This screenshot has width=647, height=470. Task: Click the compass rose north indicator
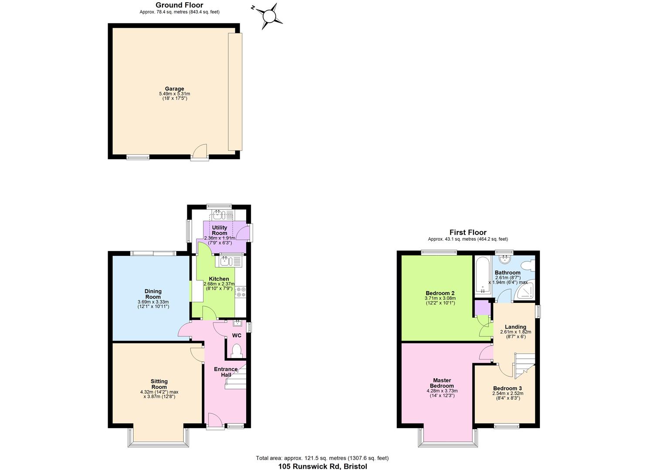(x=269, y=16)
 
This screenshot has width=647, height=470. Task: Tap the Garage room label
(x=174, y=89)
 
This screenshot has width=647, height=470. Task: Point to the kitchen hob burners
(x=241, y=292)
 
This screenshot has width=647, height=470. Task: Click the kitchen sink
(x=225, y=261)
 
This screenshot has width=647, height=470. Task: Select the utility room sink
(x=218, y=214)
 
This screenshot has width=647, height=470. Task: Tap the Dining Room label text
(x=153, y=294)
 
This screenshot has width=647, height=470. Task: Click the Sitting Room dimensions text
(x=159, y=394)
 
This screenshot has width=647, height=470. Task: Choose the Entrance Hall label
(x=226, y=372)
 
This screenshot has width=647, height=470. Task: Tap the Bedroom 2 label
(x=440, y=293)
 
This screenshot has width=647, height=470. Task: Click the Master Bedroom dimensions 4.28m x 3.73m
(x=442, y=391)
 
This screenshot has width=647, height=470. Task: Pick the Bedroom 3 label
(x=507, y=388)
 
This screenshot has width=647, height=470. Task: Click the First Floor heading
(x=468, y=232)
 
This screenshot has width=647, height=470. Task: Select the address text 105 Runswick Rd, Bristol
(x=322, y=466)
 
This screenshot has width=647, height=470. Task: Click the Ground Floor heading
(x=179, y=5)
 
